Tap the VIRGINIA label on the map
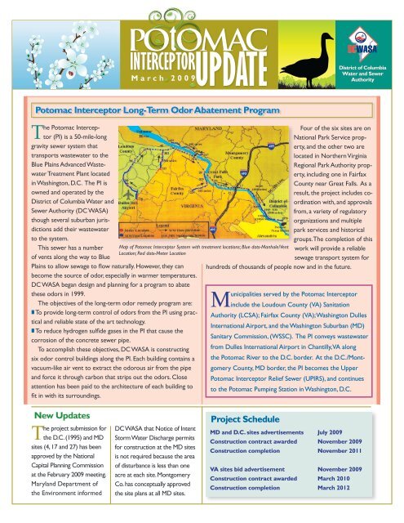tap(194, 184)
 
